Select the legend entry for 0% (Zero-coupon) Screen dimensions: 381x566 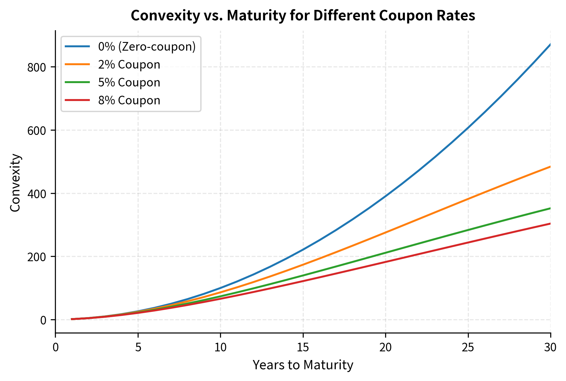(x=147, y=47)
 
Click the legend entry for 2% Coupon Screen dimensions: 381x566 (x=129, y=65)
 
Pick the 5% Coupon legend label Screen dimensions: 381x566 (x=129, y=83)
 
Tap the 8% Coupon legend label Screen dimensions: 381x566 (x=129, y=101)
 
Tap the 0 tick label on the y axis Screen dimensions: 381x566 (x=43, y=320)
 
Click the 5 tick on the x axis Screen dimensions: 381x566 (x=138, y=348)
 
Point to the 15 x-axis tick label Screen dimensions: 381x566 (x=303, y=348)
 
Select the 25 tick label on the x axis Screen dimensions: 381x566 (x=468, y=348)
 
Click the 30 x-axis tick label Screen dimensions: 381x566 (x=550, y=348)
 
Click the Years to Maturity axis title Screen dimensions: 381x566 (x=303, y=365)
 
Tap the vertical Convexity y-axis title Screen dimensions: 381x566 (x=15, y=183)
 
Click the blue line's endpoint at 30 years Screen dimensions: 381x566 (x=550, y=44)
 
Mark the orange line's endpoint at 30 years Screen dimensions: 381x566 (x=550, y=167)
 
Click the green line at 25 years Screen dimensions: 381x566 (x=468, y=230)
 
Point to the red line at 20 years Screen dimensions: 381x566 (x=385, y=262)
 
